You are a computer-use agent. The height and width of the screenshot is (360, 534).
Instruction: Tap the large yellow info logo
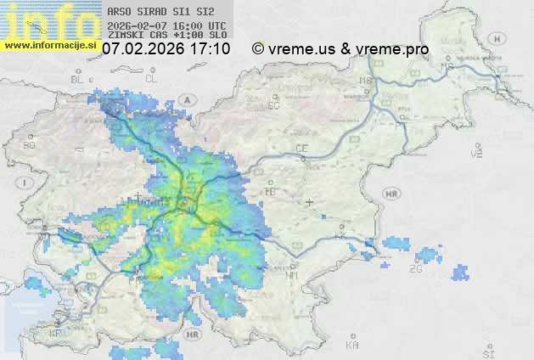tap(48, 20)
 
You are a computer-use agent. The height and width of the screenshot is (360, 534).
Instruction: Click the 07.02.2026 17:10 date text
tap(166, 49)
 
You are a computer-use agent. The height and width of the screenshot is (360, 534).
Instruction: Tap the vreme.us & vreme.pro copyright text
tap(340, 49)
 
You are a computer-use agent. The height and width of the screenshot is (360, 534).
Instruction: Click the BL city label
tap(78, 79)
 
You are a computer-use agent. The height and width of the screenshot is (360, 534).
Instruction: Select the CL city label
tap(152, 78)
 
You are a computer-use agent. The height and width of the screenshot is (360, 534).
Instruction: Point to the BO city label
tap(29, 145)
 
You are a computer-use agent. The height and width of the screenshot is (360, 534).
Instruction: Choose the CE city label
tap(301, 149)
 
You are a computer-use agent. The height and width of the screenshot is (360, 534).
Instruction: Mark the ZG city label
tap(415, 269)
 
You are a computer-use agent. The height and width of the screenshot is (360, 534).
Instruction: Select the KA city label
tap(352, 345)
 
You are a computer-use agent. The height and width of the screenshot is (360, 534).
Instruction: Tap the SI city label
tap(487, 352)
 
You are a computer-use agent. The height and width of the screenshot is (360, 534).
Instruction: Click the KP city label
tap(56, 334)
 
